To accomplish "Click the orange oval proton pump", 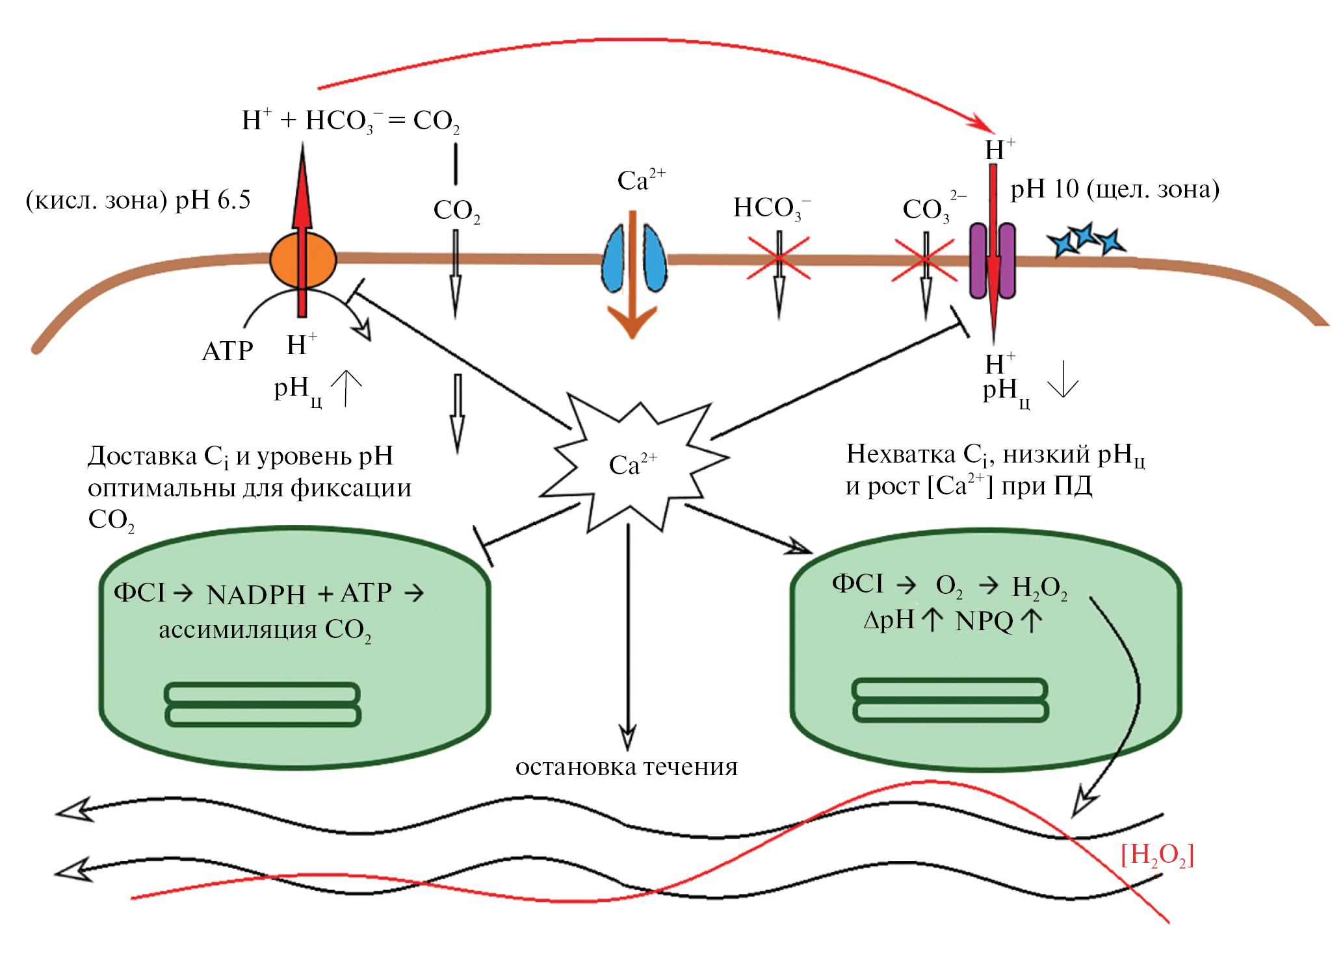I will click(303, 260).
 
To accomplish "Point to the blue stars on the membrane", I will click(1086, 240).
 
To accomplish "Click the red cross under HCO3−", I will click(779, 259).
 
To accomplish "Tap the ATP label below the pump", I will click(228, 351).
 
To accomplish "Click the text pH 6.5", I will click(213, 200).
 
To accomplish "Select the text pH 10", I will click(1044, 189).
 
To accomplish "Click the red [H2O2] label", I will click(1157, 855).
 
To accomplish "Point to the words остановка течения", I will click(627, 767).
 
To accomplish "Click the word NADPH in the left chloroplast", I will click(255, 594).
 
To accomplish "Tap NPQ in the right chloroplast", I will click(984, 621).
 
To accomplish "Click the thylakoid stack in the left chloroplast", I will click(263, 704).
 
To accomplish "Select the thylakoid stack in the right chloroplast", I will click(950, 700).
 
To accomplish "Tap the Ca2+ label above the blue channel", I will click(641, 180).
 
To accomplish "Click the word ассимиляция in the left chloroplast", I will click(238, 630).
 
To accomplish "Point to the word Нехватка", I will click(900, 453).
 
